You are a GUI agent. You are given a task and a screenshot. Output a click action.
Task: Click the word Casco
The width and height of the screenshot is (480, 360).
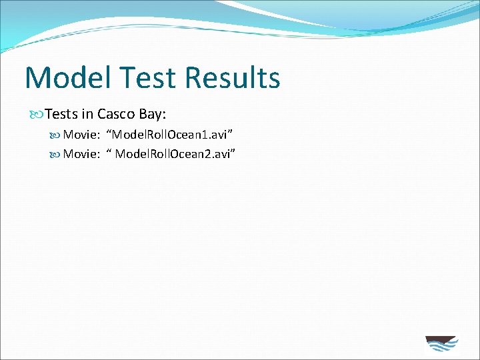[117, 114]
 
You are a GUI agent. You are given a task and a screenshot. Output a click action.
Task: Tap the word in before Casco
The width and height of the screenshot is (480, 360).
[87, 114]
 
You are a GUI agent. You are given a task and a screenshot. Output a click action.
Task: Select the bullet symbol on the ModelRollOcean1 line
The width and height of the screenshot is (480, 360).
[55, 135]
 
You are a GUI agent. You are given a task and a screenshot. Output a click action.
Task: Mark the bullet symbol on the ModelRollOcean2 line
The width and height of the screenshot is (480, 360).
[55, 155]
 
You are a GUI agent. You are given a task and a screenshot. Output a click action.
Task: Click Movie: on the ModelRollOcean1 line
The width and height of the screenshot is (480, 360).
[81, 135]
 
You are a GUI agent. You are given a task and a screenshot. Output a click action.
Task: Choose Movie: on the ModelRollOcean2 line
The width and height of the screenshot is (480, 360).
[81, 155]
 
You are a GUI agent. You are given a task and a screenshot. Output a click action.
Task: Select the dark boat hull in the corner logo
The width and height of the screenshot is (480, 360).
[441, 339]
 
